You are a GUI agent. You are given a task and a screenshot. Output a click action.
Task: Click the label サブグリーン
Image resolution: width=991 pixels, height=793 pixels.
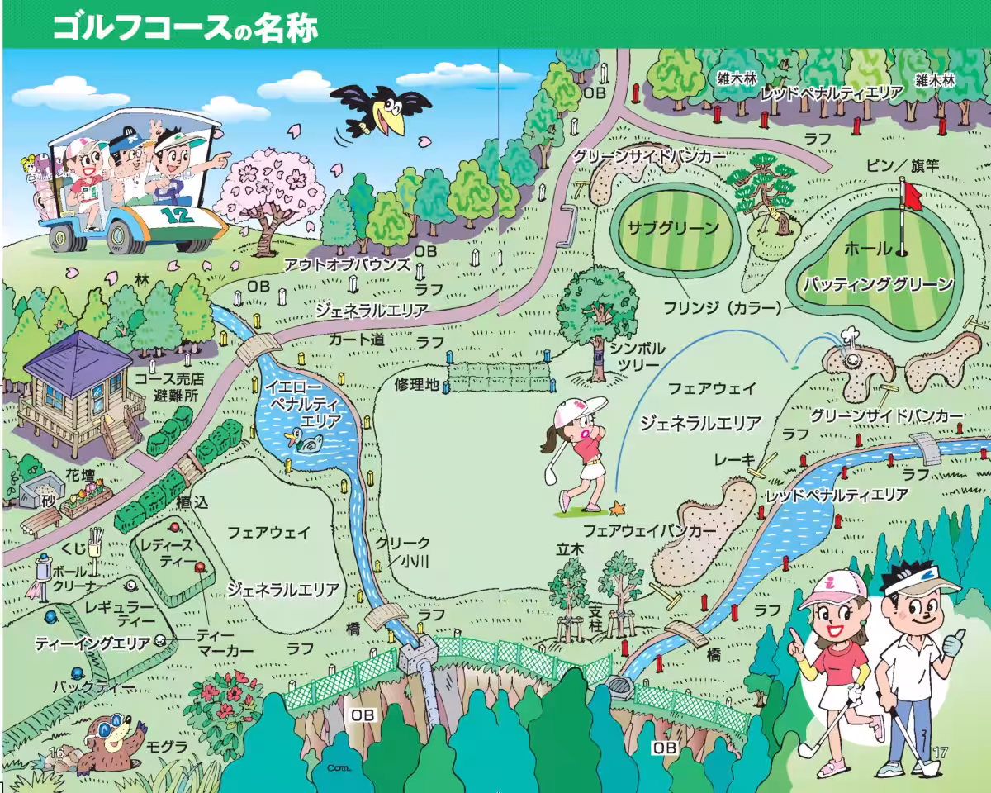[673, 229]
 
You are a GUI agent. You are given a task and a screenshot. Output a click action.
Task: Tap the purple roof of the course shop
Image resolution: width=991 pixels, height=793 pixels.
[78, 357]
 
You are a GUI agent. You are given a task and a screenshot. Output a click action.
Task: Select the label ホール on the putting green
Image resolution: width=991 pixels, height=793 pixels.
[868, 249]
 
